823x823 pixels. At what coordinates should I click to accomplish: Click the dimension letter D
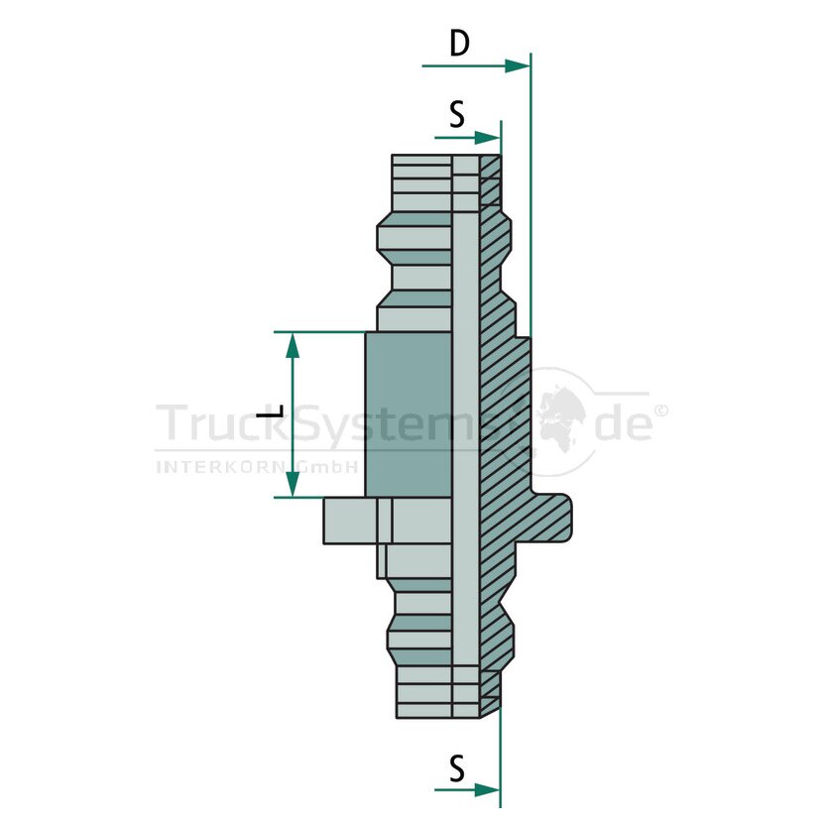tap(459, 43)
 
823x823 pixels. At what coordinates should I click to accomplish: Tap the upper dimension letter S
tap(457, 114)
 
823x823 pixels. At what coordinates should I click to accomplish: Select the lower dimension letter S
tap(457, 768)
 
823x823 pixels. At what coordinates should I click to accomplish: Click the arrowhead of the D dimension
tap(517, 65)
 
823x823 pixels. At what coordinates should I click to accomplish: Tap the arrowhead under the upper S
tap(488, 138)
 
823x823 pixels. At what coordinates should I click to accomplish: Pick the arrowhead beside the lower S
tap(488, 789)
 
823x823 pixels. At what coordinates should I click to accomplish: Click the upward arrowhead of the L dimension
tap(293, 345)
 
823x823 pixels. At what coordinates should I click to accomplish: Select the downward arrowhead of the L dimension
tap(293, 484)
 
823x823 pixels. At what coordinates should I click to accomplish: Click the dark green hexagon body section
tap(409, 414)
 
